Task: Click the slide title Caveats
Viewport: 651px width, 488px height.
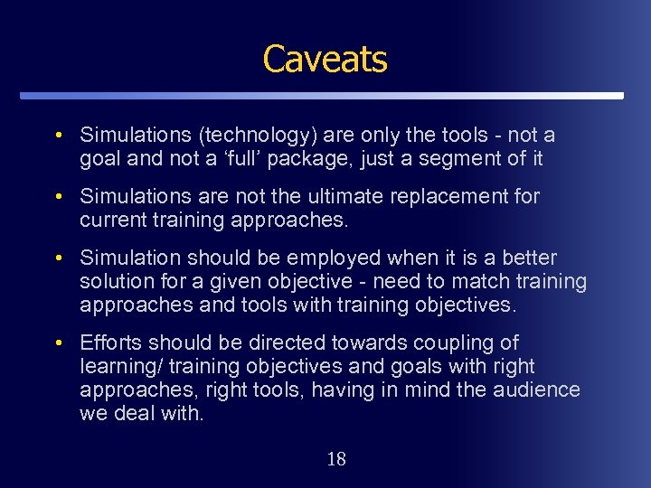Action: pyautogui.click(x=325, y=60)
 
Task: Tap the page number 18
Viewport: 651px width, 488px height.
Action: pyautogui.click(x=335, y=459)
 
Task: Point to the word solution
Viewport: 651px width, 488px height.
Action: pyautogui.click(x=115, y=281)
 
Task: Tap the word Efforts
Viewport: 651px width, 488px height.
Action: pyautogui.click(x=111, y=343)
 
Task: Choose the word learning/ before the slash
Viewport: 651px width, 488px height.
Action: pyautogui.click(x=115, y=366)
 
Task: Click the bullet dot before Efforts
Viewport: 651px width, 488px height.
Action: pyautogui.click(x=58, y=343)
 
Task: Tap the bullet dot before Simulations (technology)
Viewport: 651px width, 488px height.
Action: pyautogui.click(x=58, y=136)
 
